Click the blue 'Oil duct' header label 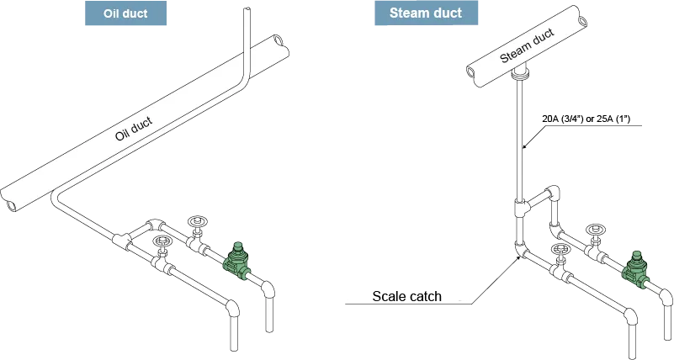click(125, 13)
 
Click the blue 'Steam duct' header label click(425, 13)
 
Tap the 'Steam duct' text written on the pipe click(528, 45)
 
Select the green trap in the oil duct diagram click(238, 261)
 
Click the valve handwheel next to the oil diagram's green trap click(198, 223)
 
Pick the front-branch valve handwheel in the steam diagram click(561, 251)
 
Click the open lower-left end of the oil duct click(12, 201)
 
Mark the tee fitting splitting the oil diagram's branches click(125, 241)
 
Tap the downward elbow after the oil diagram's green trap click(268, 290)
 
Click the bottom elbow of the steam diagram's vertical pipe click(521, 249)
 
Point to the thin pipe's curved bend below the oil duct click(56, 197)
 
